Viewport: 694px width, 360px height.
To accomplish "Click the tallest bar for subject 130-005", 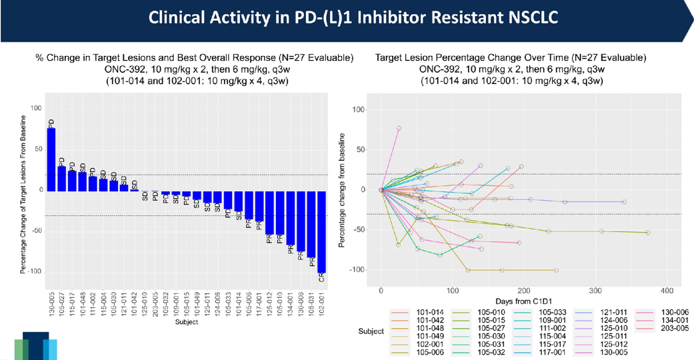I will click(51, 159).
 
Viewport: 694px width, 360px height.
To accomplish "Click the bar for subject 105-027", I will click(61, 179).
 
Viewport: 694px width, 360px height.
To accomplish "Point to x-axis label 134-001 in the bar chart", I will click(291, 304).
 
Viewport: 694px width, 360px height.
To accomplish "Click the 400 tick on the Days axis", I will click(667, 291).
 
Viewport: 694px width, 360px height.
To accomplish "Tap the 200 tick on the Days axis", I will click(524, 291).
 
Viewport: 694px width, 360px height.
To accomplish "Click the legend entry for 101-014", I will click(429, 311).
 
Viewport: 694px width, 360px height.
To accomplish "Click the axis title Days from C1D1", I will click(524, 302).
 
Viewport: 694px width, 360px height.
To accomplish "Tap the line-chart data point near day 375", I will click(647, 233).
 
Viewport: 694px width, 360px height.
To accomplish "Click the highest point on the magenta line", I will click(399, 128).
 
